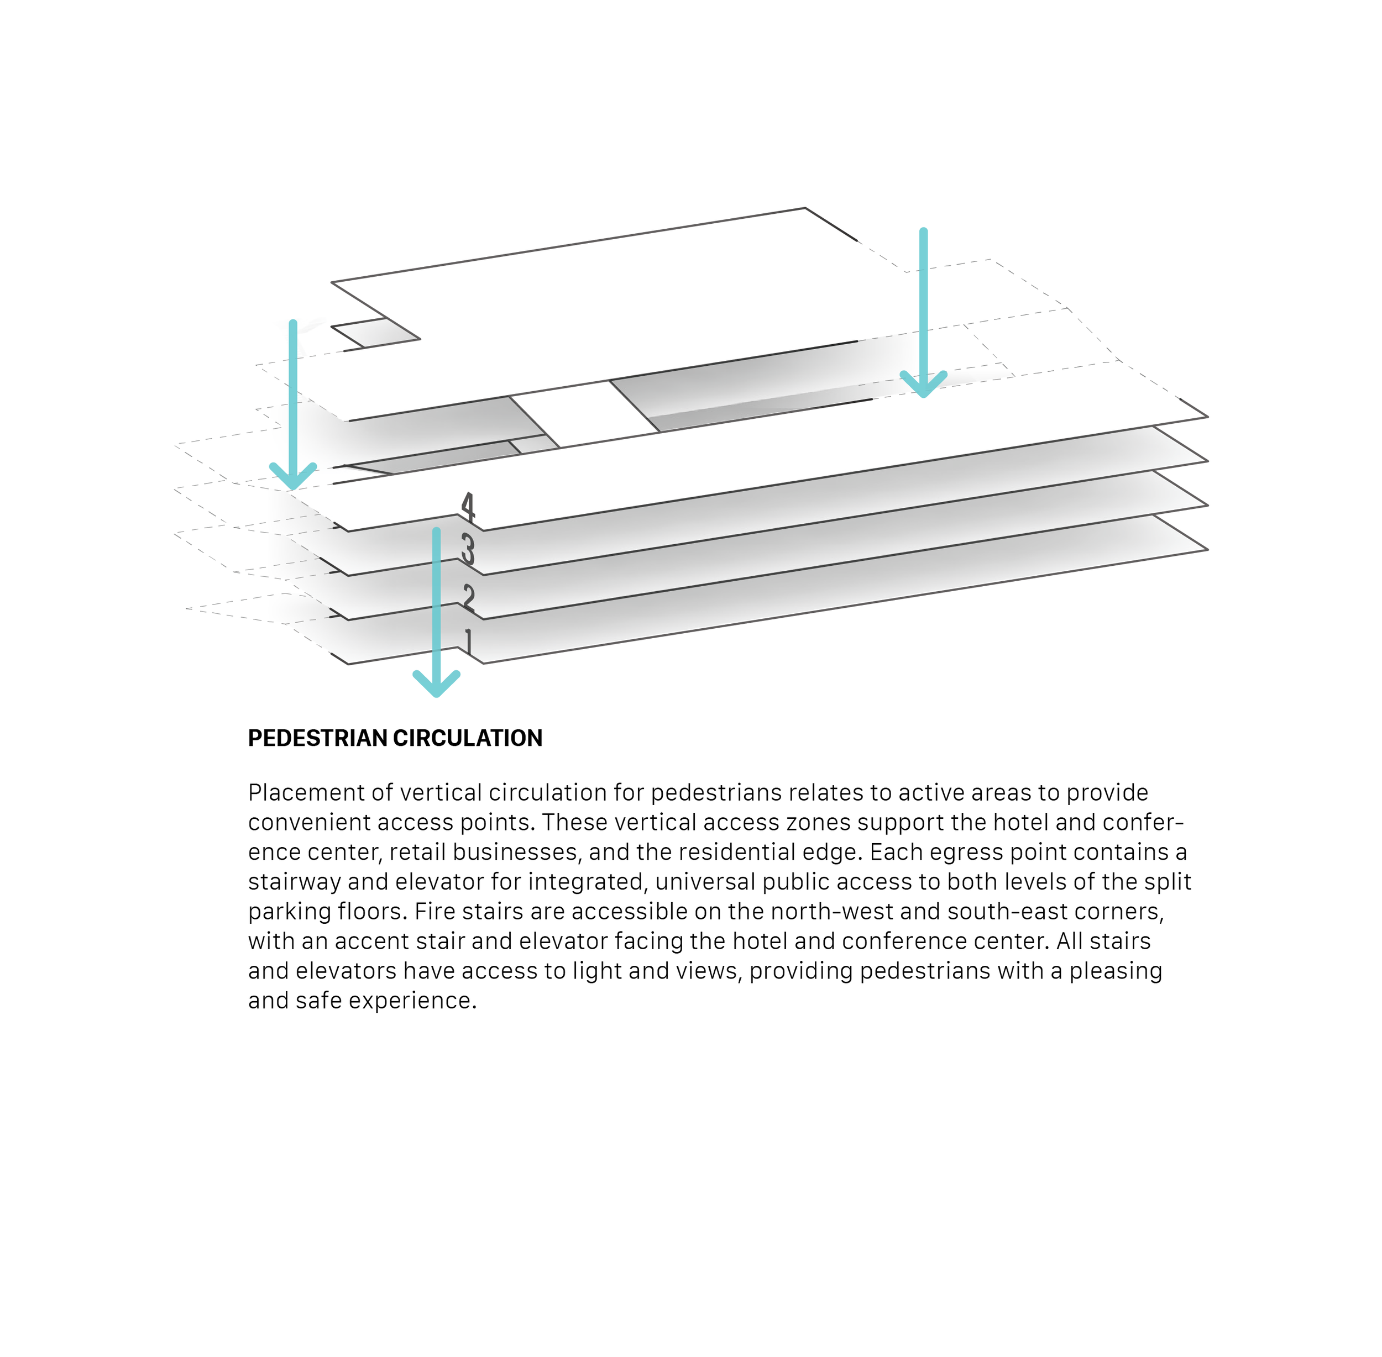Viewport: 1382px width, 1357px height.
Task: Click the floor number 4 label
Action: [x=467, y=506]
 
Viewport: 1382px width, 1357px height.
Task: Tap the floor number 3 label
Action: [x=467, y=550]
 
